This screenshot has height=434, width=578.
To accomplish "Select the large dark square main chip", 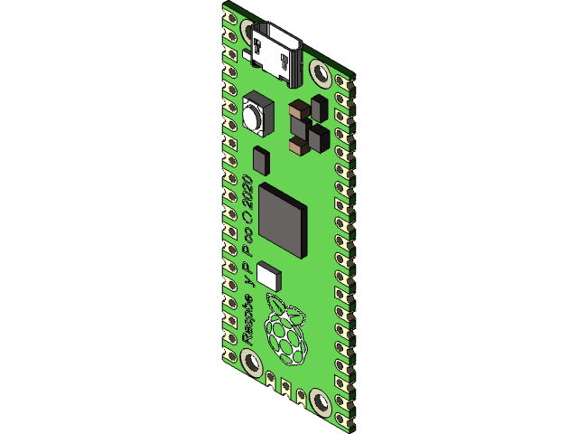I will coord(282,219).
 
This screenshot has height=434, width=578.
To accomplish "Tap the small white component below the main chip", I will coord(268,274).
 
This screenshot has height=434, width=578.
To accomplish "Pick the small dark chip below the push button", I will coord(261,159).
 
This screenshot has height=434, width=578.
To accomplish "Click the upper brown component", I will coord(296,111).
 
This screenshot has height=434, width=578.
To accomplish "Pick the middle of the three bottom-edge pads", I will coord(285,387).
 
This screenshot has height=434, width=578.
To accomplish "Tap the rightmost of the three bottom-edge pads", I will coord(300,395).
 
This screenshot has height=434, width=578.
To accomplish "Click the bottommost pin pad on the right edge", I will coord(340,420).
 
